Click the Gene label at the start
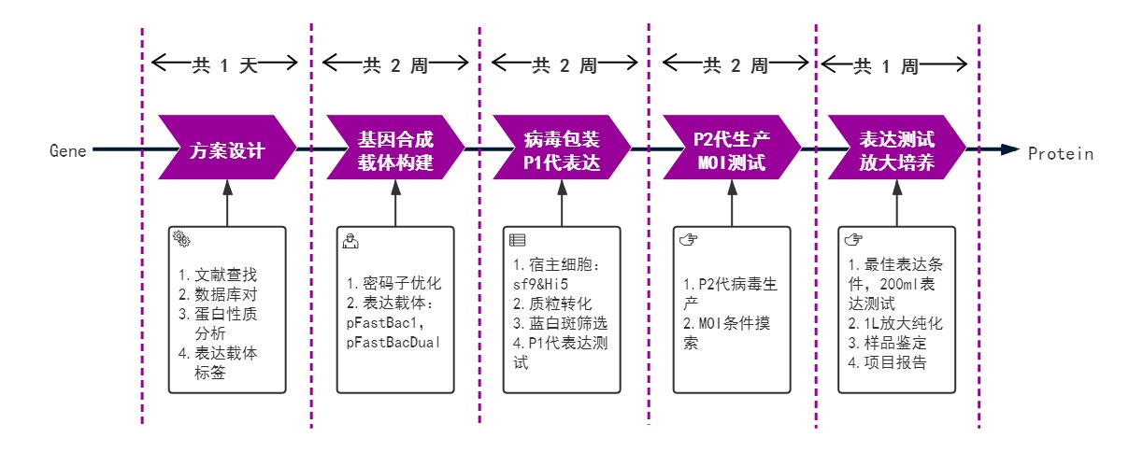pos(67,150)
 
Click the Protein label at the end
pos(1061,154)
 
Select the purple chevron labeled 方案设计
pos(227,148)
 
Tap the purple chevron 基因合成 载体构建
pos(395,148)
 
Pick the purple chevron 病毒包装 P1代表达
pos(562,148)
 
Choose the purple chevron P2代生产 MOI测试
pos(732,148)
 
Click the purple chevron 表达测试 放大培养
pos(896,148)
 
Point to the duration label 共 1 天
pos(225,65)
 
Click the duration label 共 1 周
pos(886,66)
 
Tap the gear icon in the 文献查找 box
pos(181,239)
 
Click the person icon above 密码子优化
pos(350,241)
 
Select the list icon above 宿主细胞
pos(517,240)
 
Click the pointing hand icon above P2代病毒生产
pos(689,239)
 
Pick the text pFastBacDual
pos(393,343)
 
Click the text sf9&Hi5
pos(540,284)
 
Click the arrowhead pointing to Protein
pos(1010,149)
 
